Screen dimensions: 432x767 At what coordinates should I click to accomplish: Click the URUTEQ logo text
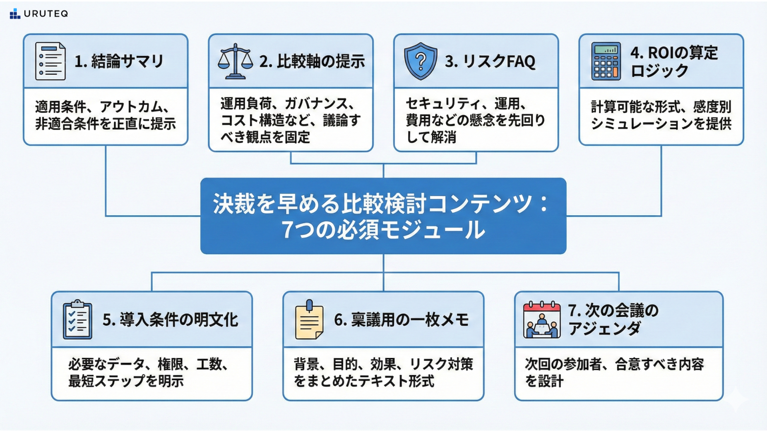[x=46, y=14]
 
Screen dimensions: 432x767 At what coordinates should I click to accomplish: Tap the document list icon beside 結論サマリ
[x=50, y=61]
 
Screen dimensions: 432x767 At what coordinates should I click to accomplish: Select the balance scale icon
[x=235, y=61]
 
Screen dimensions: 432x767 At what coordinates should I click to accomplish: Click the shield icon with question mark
[x=420, y=61]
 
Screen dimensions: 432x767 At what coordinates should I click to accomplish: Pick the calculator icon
[x=606, y=61]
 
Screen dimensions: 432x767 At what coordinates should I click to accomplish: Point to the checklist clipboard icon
[x=77, y=320]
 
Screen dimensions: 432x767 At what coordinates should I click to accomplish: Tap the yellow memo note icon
[x=309, y=320]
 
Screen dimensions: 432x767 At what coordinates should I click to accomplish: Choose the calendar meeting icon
[x=542, y=320]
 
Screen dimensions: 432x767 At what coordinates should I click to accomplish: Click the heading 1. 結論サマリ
[x=119, y=61]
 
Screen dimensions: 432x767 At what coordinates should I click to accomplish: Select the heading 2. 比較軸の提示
[x=312, y=61]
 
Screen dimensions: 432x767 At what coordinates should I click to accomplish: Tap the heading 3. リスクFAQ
[x=490, y=61]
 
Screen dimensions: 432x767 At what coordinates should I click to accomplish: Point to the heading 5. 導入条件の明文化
[x=170, y=320]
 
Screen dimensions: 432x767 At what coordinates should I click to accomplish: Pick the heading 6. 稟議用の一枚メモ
[x=401, y=320]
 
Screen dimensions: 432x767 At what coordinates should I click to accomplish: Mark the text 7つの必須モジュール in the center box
[x=383, y=230]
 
